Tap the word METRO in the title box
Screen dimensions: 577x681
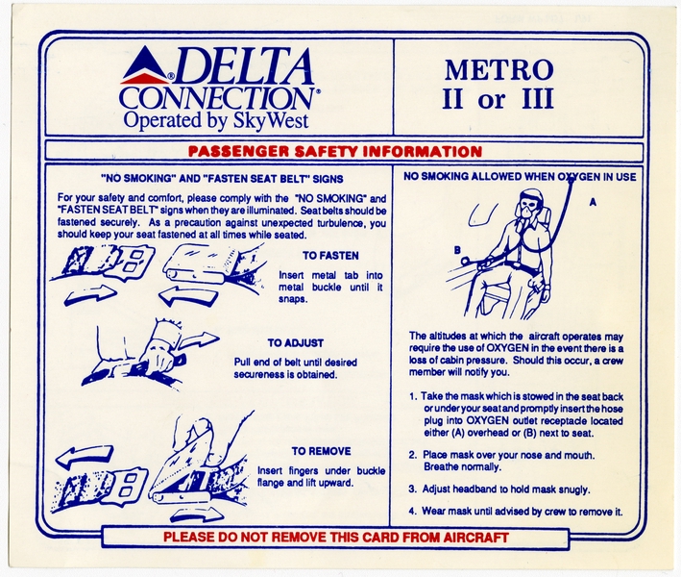[499, 70]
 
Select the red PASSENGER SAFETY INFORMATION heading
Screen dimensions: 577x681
[334, 152]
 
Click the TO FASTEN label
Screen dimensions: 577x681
[331, 256]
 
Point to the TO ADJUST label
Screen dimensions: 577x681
[296, 342]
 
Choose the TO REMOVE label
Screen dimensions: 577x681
[322, 451]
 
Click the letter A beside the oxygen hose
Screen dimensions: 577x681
[593, 203]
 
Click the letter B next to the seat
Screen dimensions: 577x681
[459, 251]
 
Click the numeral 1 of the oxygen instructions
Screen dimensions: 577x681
[412, 395]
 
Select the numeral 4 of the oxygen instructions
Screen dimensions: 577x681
[412, 511]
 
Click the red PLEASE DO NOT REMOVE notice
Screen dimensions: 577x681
[335, 537]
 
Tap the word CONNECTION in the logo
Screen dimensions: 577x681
[215, 98]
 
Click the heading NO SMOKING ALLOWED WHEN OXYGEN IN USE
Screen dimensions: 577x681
[520, 177]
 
